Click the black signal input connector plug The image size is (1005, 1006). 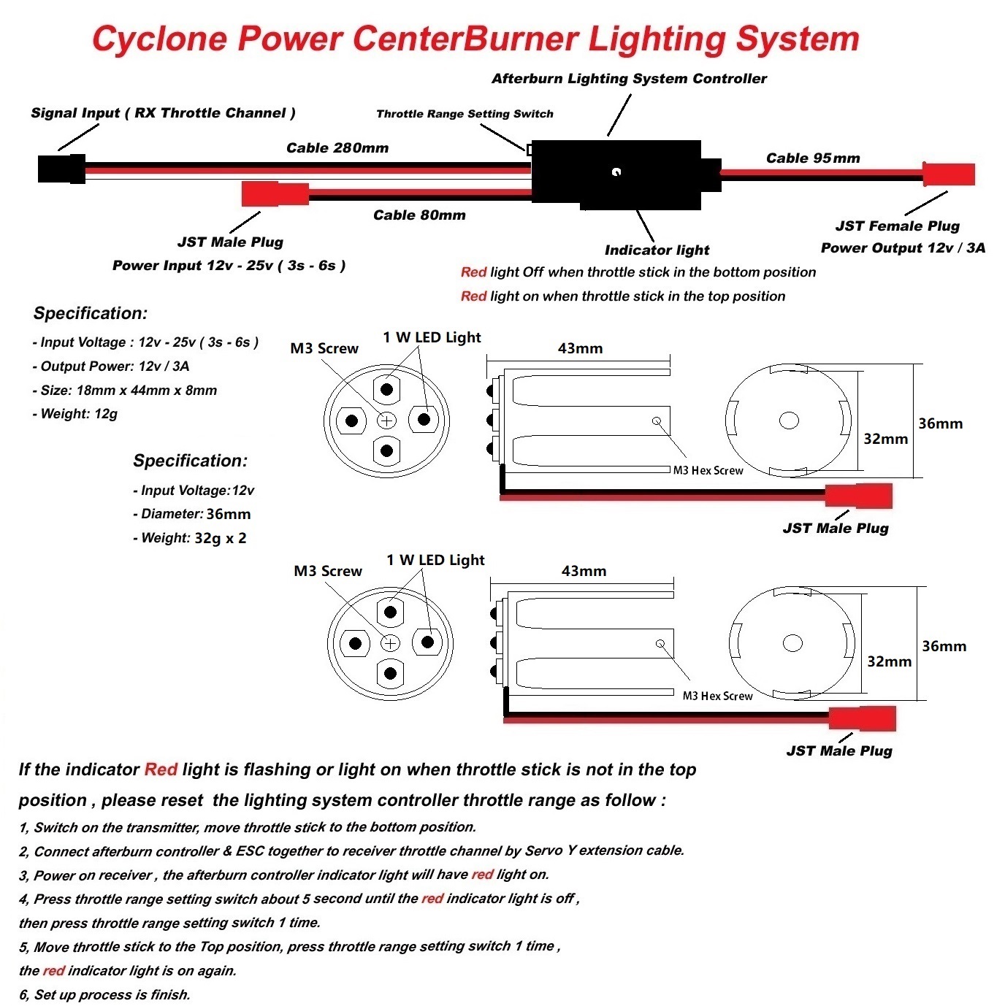[61, 169]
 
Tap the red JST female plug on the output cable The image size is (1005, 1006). [948, 174]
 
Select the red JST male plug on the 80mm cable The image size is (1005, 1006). [275, 194]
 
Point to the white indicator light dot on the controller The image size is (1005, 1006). [616, 172]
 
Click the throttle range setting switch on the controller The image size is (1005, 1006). [530, 150]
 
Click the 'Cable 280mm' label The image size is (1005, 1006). [337, 148]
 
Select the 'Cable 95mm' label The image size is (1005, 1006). [813, 158]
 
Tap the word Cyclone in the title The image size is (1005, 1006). [160, 39]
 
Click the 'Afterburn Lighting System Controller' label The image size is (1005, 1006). [629, 79]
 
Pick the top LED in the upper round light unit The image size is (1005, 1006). [386, 389]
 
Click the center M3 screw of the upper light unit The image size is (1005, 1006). [386, 421]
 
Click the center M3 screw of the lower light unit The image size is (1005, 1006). [390, 643]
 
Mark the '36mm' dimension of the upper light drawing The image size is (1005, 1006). [940, 424]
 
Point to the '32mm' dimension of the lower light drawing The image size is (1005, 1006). [889, 661]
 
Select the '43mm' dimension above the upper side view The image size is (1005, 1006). [580, 349]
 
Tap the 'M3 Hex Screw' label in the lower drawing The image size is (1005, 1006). [717, 696]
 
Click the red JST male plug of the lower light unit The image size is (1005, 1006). [862, 718]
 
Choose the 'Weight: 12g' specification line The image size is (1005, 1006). [75, 414]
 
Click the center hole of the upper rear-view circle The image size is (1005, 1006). [789, 421]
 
